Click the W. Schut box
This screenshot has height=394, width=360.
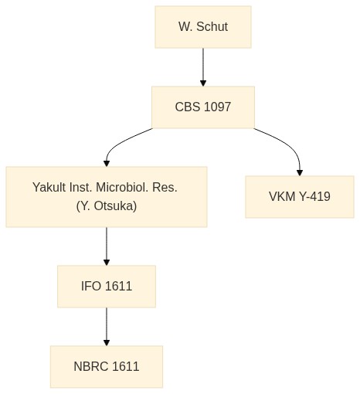(x=203, y=27)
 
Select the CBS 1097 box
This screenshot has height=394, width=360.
(x=203, y=107)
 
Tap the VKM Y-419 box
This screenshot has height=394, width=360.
(x=300, y=197)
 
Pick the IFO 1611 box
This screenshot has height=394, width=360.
(x=107, y=287)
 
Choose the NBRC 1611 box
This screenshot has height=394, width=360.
(x=107, y=366)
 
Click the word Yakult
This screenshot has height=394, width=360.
(x=49, y=187)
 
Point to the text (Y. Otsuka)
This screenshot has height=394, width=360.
(x=107, y=206)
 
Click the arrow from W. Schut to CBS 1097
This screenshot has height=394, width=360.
(x=203, y=67)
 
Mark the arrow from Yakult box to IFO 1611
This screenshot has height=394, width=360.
(x=107, y=246)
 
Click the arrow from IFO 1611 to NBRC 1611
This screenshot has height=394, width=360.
(x=107, y=327)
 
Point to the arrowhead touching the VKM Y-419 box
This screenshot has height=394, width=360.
(x=300, y=173)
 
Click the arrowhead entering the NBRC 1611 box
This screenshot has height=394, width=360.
(x=107, y=342)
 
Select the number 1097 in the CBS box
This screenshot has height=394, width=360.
(x=217, y=107)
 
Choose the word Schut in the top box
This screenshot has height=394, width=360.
(x=212, y=27)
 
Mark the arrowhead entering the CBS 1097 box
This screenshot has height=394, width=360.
(x=203, y=83)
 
